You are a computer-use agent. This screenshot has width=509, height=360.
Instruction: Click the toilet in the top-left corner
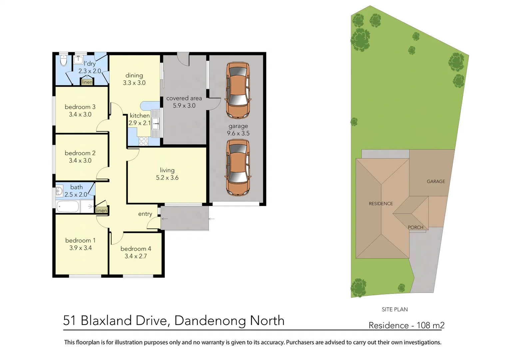pyautogui.click(x=64, y=61)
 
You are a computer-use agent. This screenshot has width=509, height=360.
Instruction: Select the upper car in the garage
pyautogui.click(x=238, y=90)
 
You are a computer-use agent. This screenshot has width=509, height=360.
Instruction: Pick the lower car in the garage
pyautogui.click(x=238, y=168)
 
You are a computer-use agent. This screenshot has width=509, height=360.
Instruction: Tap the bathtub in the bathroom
pyautogui.click(x=68, y=206)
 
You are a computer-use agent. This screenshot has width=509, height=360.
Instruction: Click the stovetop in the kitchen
pyautogui.click(x=144, y=141)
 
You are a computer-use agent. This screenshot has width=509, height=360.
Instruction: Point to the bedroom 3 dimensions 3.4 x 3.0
pyautogui.click(x=80, y=114)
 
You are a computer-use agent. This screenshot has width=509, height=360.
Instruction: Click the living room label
pyautogui.click(x=167, y=170)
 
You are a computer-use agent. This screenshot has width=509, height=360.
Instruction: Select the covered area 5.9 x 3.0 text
pyautogui.click(x=184, y=102)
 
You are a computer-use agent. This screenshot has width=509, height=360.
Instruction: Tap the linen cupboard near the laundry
pyautogui.click(x=87, y=82)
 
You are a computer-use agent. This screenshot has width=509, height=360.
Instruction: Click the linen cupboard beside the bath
pyautogui.click(x=101, y=210)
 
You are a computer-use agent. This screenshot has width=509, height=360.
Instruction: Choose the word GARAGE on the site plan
pyautogui.click(x=436, y=181)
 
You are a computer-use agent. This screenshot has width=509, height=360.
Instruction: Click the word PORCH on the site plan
pyautogui.click(x=415, y=227)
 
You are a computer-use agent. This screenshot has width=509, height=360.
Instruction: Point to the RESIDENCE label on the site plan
pyautogui.click(x=381, y=204)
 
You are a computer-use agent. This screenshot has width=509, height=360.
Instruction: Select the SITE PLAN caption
pyautogui.click(x=395, y=309)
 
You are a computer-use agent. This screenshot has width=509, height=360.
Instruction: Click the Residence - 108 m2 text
pyautogui.click(x=406, y=325)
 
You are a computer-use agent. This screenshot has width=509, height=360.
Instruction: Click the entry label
pyautogui.click(x=145, y=214)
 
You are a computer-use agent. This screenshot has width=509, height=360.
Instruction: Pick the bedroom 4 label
pyautogui.click(x=136, y=249)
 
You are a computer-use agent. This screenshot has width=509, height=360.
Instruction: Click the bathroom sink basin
pyautogui.click(x=59, y=191)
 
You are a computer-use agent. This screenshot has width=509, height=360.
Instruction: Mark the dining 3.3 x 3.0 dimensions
pyautogui.click(x=134, y=83)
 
